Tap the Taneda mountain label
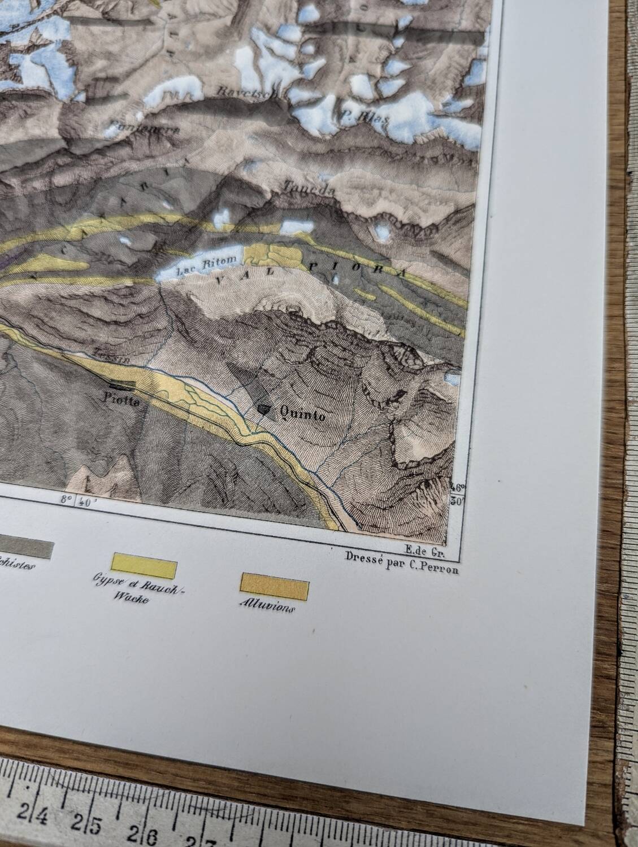[310, 188]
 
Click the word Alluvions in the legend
[266, 609]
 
